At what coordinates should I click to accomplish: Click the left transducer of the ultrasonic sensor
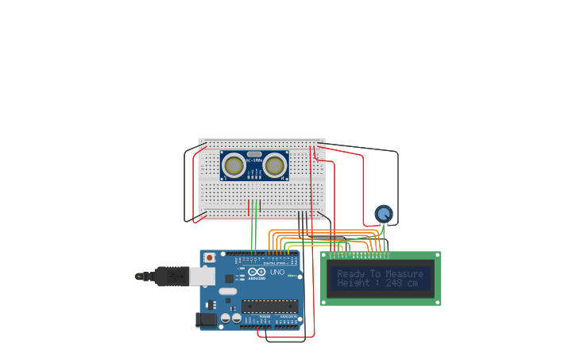pyautogui.click(x=233, y=165)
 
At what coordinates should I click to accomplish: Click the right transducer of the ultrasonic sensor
pyautogui.click(x=275, y=165)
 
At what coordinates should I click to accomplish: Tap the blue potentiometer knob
pyautogui.click(x=384, y=213)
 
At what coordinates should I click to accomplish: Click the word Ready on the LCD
pyautogui.click(x=350, y=273)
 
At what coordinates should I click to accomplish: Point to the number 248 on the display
pyautogui.click(x=394, y=283)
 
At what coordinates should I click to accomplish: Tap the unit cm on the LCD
pyautogui.click(x=412, y=283)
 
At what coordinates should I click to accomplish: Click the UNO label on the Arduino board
pyautogui.click(x=277, y=273)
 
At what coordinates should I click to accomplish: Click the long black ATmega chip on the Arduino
pyautogui.click(x=269, y=305)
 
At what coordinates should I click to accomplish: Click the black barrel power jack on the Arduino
pyautogui.click(x=206, y=319)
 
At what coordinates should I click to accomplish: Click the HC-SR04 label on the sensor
pyautogui.click(x=254, y=162)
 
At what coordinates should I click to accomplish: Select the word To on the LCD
pyautogui.click(x=377, y=273)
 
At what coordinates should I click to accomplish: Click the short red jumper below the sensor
pyautogui.click(x=249, y=207)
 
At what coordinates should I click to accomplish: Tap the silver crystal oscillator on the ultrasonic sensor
pyautogui.click(x=254, y=154)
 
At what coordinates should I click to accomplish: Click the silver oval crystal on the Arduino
pyautogui.click(x=227, y=292)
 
